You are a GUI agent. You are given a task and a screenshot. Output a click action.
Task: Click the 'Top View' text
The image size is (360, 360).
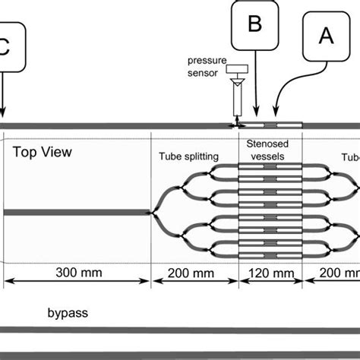click(43, 152)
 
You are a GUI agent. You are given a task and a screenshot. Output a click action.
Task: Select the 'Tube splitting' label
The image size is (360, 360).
click(188, 157)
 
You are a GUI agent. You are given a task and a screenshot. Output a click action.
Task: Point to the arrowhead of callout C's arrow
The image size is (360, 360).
click(5, 115)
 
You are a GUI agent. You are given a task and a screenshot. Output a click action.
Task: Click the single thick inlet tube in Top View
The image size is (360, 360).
click(76, 212)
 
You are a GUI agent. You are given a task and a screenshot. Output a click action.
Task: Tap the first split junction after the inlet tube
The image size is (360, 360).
click(156, 212)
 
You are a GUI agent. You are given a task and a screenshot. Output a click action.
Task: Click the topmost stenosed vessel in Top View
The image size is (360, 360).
click(271, 164)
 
